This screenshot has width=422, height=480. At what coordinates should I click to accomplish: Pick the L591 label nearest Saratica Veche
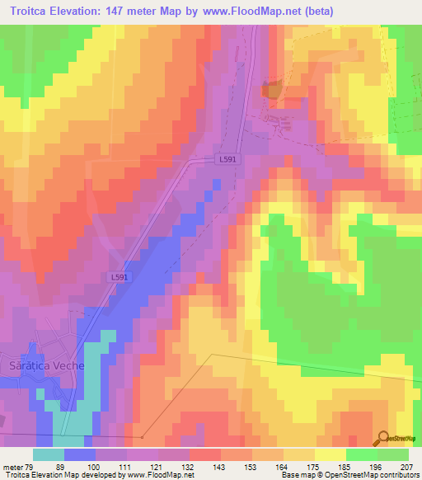119,278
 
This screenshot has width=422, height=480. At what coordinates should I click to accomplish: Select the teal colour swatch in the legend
49,454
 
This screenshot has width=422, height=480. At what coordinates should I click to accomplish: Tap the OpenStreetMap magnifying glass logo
383,438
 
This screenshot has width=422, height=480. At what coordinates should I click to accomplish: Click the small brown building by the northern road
270,91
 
